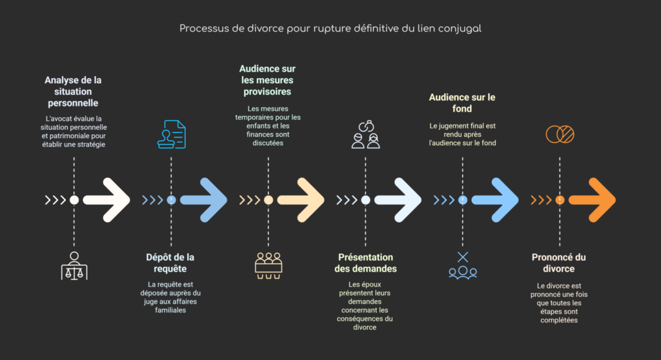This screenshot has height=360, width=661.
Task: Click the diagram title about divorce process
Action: pos(330,28)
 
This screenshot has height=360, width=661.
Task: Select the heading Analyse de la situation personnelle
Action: pos(73,92)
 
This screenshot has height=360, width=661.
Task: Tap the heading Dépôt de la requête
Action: pos(170,263)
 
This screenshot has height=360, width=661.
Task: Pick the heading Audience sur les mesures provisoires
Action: pos(267,80)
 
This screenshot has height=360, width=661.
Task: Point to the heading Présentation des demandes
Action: pos(365,263)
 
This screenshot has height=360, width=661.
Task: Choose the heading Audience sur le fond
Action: pos(462,103)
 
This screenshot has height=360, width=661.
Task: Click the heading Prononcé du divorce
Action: pos(558,263)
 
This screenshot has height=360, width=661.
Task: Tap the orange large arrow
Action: pos(593,200)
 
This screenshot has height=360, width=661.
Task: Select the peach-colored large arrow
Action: pos(301,200)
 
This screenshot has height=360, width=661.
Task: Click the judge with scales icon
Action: pos(74,266)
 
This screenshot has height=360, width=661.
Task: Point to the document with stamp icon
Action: pos(172,134)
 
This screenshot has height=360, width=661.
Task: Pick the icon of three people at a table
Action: pos(269,266)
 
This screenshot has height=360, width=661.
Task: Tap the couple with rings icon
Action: pos(365,134)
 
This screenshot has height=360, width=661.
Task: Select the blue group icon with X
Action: pos(462,266)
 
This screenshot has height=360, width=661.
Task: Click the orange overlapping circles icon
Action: pos(560,134)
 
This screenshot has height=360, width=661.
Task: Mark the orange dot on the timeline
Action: pos(560,200)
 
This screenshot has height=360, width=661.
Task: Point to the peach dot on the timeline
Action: pos(269,200)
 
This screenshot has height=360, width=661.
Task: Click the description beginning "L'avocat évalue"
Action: pos(74,132)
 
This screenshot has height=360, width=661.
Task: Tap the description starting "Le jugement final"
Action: pos(462,134)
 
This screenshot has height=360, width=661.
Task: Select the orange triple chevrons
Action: pos(541,200)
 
